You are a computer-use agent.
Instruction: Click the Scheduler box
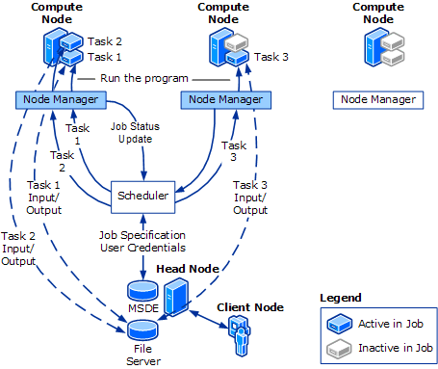tap(142, 196)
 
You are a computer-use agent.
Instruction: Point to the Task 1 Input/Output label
tap(44, 198)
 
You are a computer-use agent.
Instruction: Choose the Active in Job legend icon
tap(339, 323)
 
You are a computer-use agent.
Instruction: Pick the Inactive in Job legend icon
tap(339, 347)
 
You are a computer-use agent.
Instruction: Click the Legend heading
tap(341, 298)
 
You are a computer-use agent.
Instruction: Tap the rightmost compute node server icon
tap(376, 45)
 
